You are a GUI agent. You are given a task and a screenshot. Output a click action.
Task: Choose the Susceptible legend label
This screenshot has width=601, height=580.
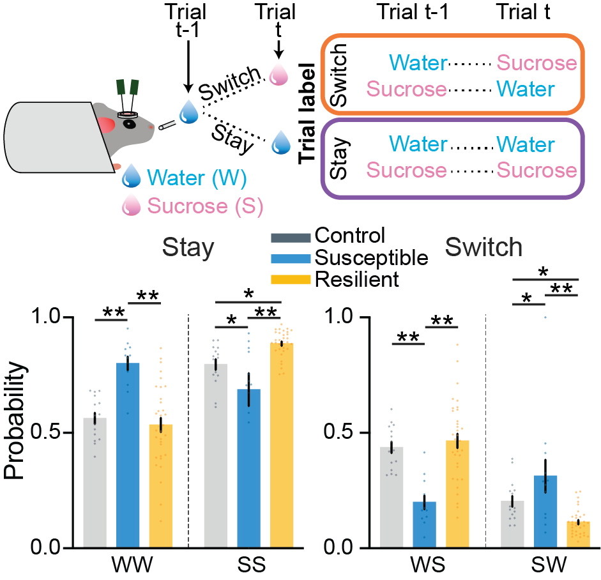coord(371,257)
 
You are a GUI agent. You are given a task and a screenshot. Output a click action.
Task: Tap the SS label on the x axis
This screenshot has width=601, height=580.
coord(245,567)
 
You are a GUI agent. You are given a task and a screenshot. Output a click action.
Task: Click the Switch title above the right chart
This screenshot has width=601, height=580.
coord(484,247)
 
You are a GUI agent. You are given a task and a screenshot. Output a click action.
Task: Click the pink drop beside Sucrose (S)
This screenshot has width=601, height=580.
coord(132,206)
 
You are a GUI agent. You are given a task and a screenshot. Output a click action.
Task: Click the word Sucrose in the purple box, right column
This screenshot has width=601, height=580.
coord(536,171)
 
